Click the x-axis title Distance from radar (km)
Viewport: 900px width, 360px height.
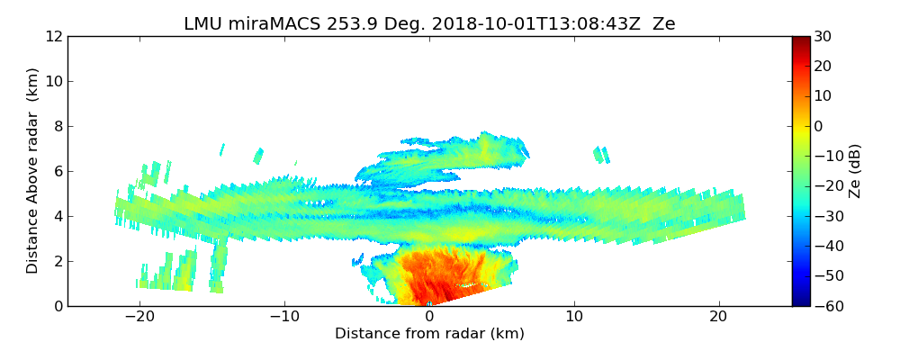pyautogui.click(x=429, y=334)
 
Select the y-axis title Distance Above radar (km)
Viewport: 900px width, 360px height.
pyautogui.click(x=32, y=170)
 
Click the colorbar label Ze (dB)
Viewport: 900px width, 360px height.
pyautogui.click(x=855, y=170)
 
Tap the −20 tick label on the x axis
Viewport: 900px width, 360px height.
pyautogui.click(x=139, y=317)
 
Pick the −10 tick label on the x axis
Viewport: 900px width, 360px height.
pyautogui.click(x=284, y=317)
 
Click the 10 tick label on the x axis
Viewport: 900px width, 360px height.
pyautogui.click(x=574, y=317)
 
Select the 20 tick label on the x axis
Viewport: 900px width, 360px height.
pyautogui.click(x=718, y=317)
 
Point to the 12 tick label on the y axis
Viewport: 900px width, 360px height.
pyautogui.click(x=53, y=37)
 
